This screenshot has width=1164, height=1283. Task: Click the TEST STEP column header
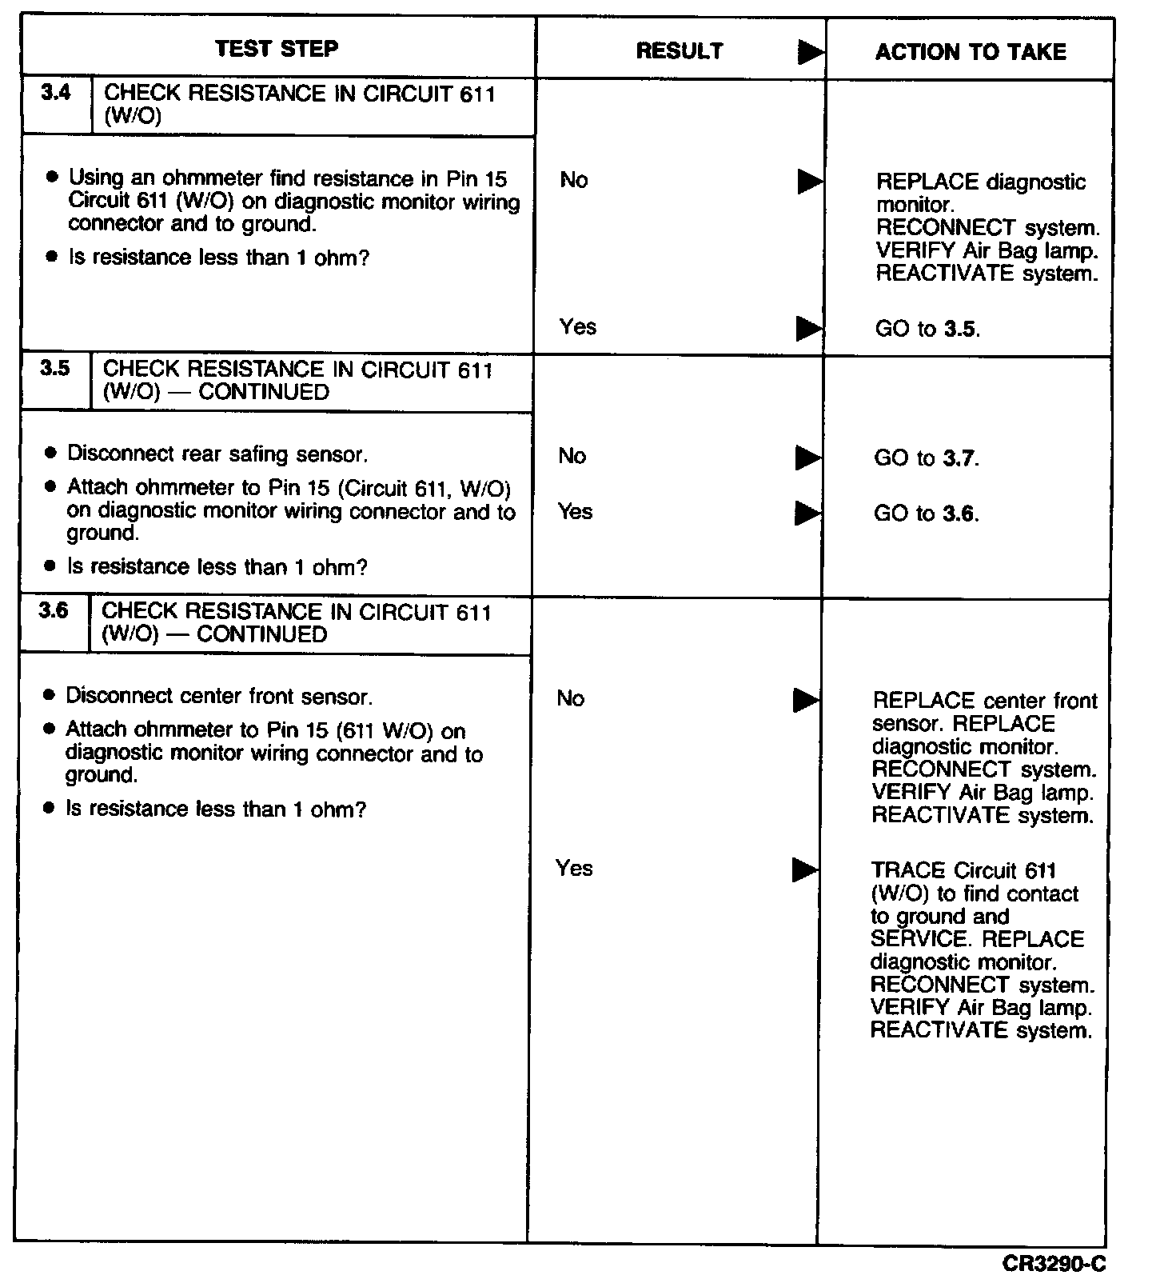coord(277,49)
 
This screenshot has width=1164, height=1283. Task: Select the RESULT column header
coord(679,51)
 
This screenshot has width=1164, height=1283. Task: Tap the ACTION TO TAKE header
coord(970,53)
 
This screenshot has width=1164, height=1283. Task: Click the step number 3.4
coord(56,94)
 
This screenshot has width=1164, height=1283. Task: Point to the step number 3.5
coord(54,369)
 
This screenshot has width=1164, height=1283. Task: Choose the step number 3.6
coord(54,611)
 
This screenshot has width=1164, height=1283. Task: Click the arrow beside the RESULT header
coord(811,53)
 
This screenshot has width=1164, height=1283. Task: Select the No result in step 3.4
coord(574,180)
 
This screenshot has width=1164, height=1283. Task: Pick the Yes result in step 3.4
coord(577,326)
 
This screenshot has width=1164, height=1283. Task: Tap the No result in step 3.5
coord(572,456)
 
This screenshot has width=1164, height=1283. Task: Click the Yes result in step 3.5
coord(576,512)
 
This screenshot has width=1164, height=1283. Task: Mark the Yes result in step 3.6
coord(574,868)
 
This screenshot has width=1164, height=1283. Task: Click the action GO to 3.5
coord(927,329)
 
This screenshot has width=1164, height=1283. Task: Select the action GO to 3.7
coord(926,458)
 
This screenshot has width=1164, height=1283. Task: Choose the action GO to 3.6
coord(926,514)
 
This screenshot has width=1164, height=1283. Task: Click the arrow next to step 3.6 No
coord(806,701)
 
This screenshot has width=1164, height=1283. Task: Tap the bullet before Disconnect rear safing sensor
coord(51,454)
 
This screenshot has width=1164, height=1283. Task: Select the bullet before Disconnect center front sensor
coord(50,696)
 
